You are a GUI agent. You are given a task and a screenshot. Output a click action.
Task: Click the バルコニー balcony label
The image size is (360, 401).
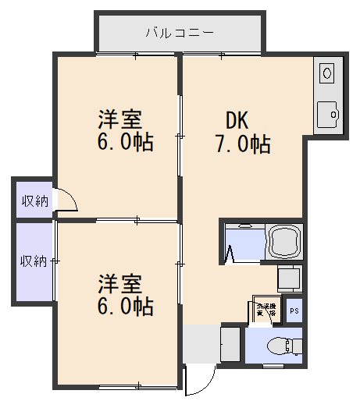point(180,33)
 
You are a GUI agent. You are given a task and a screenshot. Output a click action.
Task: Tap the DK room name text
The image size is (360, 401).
point(237,120)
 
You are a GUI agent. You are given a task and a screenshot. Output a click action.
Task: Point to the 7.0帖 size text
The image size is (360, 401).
point(243,144)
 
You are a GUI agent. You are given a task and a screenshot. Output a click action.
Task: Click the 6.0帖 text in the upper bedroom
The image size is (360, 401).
point(125,144)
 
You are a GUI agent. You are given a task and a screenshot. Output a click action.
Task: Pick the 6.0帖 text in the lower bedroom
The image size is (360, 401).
point(125,306)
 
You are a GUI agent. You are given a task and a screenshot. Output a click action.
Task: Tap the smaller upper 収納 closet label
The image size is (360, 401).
point(34,200)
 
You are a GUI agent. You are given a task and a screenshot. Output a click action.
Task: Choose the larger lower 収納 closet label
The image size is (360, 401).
point(34,260)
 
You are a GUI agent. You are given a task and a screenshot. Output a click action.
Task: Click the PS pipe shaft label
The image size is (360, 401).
point(294,310)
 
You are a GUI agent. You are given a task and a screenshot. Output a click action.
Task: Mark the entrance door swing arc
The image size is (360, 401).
point(201,382)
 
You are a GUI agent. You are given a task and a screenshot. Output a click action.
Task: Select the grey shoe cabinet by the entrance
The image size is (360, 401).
point(232,342)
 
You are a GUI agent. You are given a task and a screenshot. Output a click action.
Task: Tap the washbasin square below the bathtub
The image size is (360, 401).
point(290,278)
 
